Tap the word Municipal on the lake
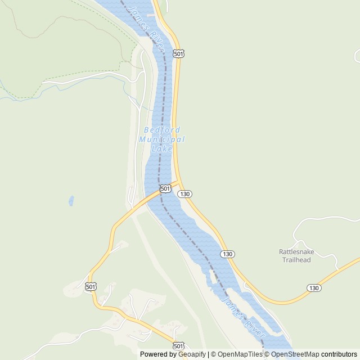coord(161,139)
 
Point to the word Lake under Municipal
coord(161,148)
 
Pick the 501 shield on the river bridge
coord(165,188)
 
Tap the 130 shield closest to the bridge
coord(185,193)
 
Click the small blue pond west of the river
coord(71,200)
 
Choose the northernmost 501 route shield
coord(178,53)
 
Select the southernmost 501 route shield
coord(178,345)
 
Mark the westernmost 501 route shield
coord(91,287)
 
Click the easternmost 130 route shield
coord(314,287)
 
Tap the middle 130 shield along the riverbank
coord(227,254)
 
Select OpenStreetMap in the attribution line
coord(295,354)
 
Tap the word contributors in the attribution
coord(339,354)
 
